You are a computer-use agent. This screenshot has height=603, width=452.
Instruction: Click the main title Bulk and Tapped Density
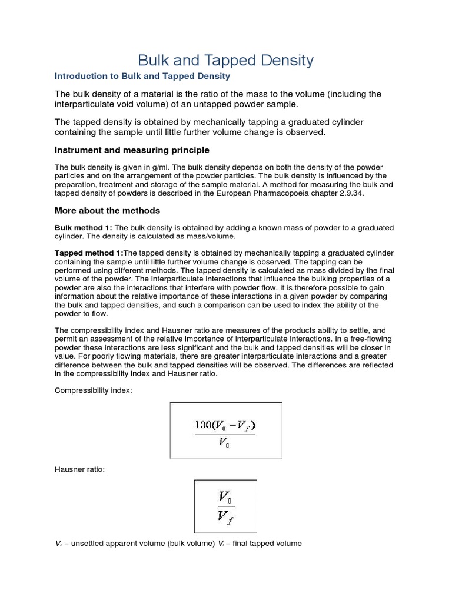click(225, 60)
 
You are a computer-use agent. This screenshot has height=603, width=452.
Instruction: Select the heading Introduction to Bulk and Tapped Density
click(142, 77)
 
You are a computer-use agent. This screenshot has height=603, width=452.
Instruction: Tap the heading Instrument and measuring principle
click(132, 150)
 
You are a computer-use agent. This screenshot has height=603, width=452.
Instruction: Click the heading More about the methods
click(107, 210)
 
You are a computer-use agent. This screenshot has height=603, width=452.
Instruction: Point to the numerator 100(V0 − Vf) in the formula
click(225, 425)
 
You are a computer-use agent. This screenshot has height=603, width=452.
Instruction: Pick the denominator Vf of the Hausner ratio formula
click(226, 517)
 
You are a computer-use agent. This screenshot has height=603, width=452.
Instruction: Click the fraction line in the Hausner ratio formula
click(225, 506)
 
